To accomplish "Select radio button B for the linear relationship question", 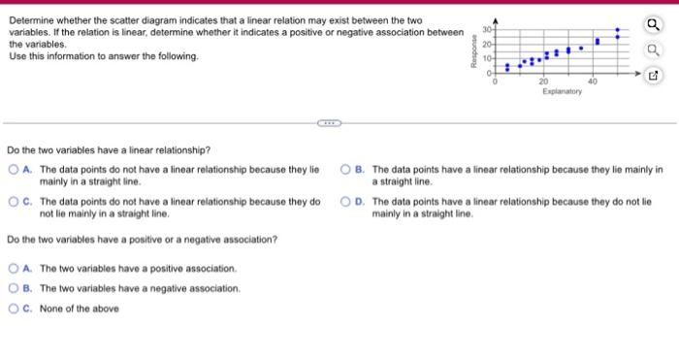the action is pos(346,170).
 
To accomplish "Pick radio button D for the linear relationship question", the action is pos(346,203).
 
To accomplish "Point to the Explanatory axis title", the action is pos(562,91).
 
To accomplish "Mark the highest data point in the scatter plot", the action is pos(617,30).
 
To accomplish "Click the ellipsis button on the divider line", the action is pos(329,123).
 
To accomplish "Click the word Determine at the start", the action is pos(32,20).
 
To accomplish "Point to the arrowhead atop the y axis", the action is pos(496,19).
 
